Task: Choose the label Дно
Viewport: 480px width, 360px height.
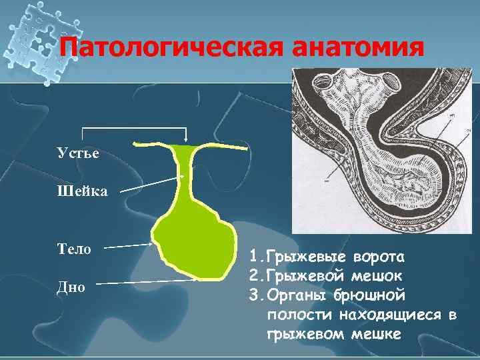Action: [x=71, y=287]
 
